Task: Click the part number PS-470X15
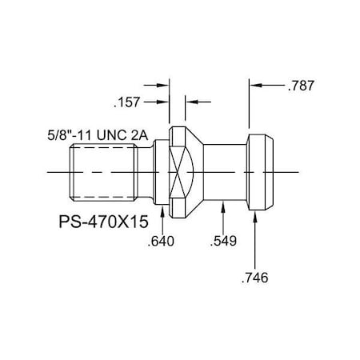tap(106, 219)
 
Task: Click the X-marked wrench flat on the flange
tap(183, 171)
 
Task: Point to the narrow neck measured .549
tap(224, 171)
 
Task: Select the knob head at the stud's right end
tap(259, 171)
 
